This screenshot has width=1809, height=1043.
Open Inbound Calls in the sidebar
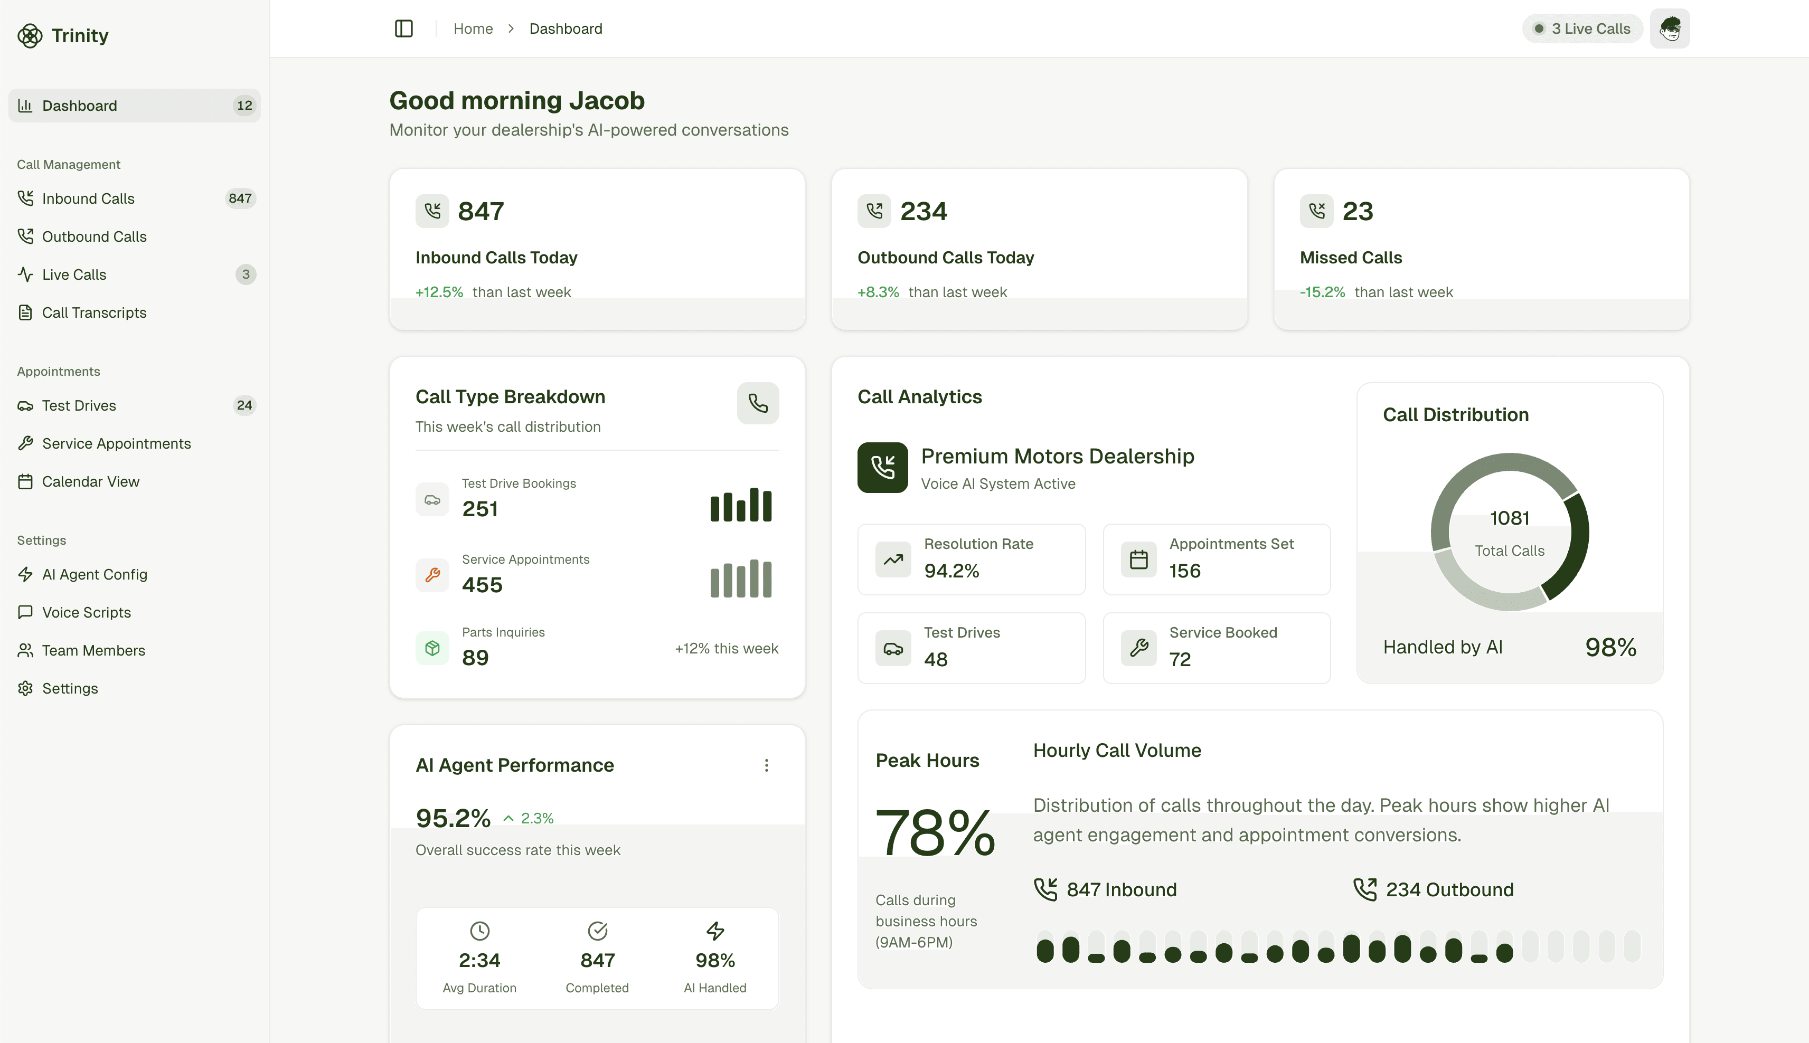(88, 198)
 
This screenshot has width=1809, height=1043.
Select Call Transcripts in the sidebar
(94, 312)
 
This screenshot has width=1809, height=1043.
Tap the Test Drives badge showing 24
(244, 405)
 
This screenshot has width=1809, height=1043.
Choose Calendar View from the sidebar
(90, 481)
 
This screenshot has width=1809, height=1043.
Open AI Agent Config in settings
(95, 574)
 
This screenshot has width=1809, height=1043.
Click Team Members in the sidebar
(93, 650)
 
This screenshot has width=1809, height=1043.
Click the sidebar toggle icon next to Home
(404, 29)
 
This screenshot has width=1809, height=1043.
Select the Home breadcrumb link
(473, 29)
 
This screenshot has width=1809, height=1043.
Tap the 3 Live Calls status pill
(1582, 29)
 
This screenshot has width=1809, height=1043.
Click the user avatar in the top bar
(1669, 29)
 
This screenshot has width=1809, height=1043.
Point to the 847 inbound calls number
(480, 211)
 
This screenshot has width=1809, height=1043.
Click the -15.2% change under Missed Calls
(1322, 292)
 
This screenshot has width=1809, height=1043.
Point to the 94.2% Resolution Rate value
(951, 571)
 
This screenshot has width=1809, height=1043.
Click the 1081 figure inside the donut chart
(1510, 518)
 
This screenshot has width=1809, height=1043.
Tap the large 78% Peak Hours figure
(935, 832)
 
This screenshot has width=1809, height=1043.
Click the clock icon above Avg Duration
(479, 931)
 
